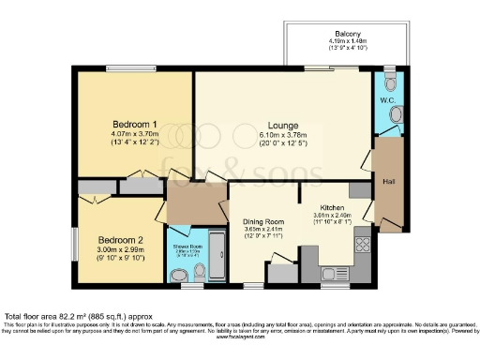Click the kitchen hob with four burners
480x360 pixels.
click(x=363, y=246)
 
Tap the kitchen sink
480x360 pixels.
click(x=333, y=273)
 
